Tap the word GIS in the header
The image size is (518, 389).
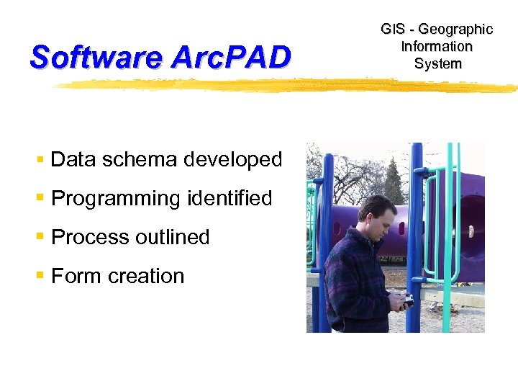393,30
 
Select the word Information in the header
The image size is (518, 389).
437,47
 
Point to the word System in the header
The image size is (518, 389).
437,64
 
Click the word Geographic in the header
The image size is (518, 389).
455,30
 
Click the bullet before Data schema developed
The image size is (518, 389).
42,159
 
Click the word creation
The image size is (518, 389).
145,276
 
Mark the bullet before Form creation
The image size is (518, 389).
42,276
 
